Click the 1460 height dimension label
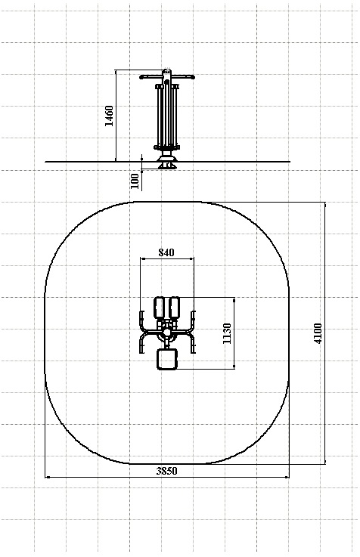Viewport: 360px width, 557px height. point(109,116)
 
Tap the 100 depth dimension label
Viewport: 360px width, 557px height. point(135,181)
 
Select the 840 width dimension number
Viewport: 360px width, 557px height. point(166,252)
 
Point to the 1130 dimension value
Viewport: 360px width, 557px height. point(227,333)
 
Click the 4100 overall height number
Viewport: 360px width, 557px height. point(318,333)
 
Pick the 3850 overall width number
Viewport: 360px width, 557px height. point(166,471)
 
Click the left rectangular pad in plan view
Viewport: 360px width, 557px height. point(159,308)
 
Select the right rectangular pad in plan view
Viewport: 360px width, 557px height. point(174,308)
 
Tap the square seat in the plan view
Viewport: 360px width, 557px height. point(166,359)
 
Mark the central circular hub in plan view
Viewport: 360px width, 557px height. point(166,333)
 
